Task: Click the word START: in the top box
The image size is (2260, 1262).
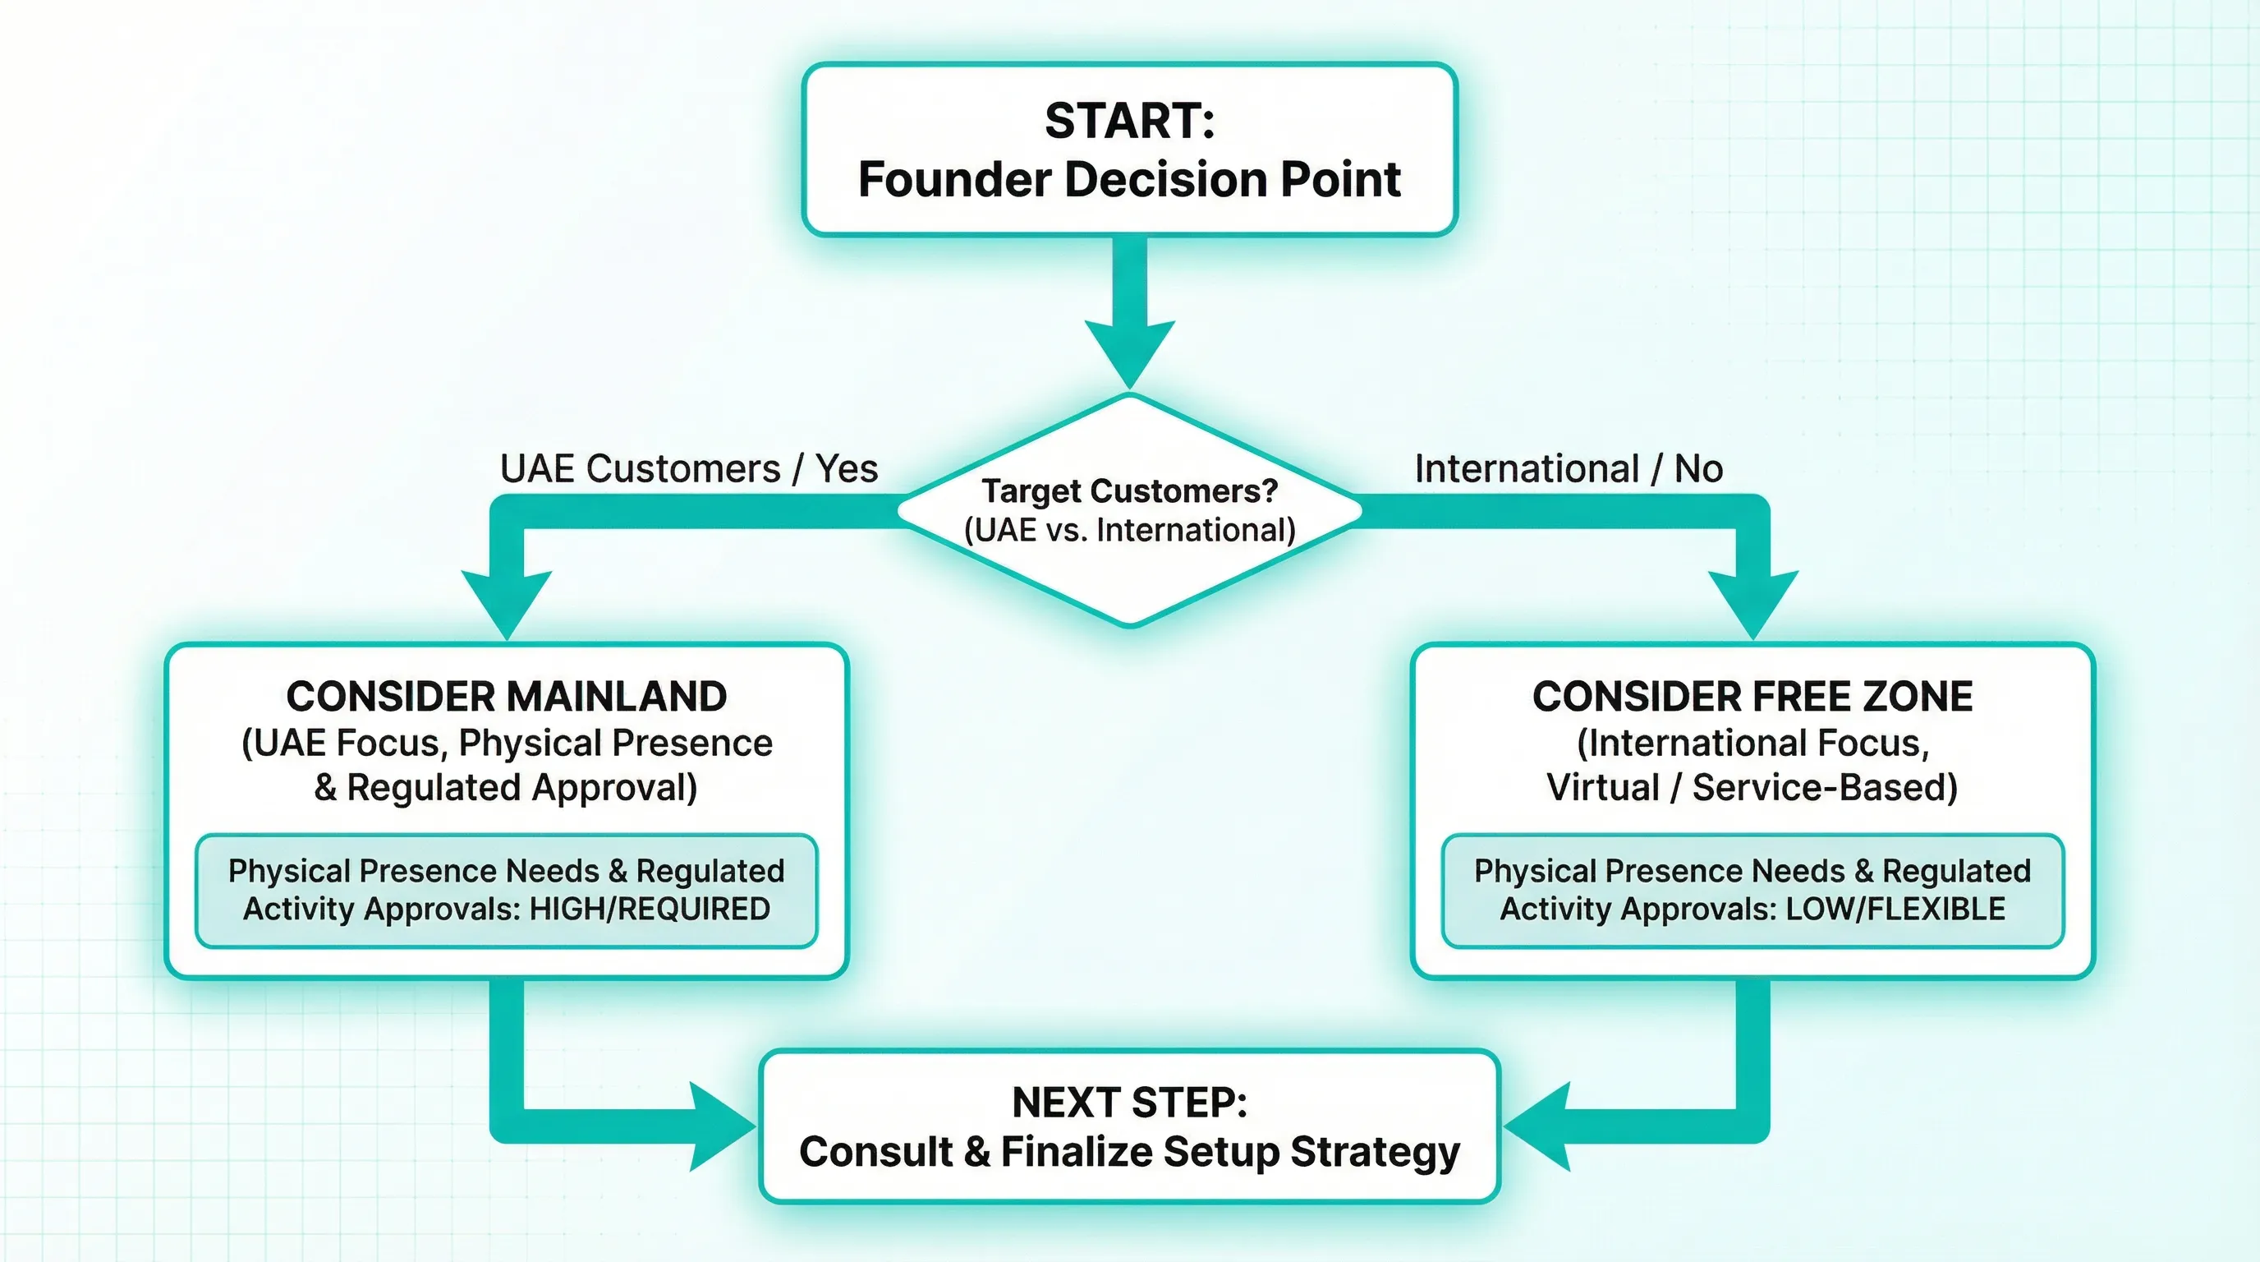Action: tap(1129, 121)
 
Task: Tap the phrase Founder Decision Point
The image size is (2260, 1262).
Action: tap(1129, 180)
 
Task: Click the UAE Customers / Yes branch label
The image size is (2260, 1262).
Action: tap(689, 468)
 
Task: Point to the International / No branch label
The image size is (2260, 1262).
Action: tap(1569, 468)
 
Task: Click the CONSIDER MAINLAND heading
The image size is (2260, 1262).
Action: tap(506, 697)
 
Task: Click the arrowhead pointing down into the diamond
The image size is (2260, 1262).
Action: tap(1129, 351)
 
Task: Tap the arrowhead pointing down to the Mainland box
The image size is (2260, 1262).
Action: tap(506, 601)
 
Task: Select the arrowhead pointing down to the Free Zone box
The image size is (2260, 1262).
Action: tap(1753, 601)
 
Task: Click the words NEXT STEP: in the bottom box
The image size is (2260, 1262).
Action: tap(1129, 1103)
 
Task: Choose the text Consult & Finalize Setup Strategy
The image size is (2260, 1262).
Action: tap(1129, 1152)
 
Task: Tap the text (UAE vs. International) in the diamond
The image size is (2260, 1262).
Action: tap(1129, 531)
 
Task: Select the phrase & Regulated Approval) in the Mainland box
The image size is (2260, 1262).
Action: tap(506, 788)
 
